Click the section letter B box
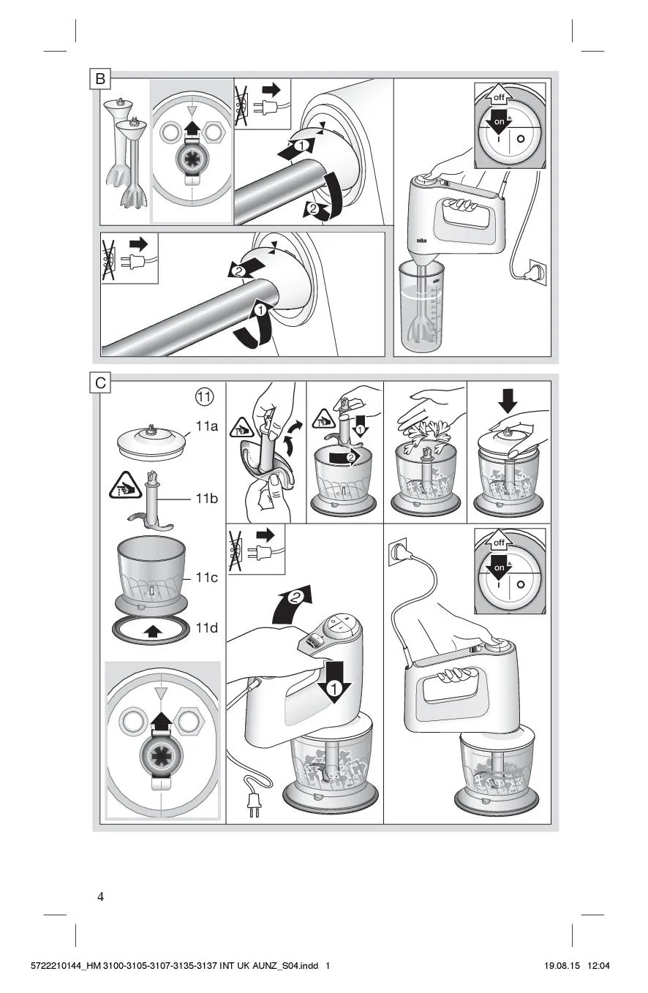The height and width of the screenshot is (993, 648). click(100, 79)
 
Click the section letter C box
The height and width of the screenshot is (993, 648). click(100, 382)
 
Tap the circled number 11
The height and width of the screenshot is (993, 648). click(204, 397)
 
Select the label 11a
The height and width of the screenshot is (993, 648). click(207, 426)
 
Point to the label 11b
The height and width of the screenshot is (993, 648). click(207, 499)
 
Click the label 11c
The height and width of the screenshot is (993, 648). click(207, 578)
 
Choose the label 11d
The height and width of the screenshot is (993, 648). click(207, 627)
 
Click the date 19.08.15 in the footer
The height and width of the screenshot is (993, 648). click(562, 966)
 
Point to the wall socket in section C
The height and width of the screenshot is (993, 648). click(399, 549)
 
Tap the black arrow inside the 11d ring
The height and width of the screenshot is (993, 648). click(152, 630)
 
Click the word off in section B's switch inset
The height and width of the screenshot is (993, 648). click(499, 97)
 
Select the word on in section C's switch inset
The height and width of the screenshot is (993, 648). click(499, 567)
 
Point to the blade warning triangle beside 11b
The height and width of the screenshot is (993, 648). click(125, 485)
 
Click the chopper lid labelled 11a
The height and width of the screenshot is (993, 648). click(154, 442)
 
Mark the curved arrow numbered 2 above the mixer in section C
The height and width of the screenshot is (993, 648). click(294, 602)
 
